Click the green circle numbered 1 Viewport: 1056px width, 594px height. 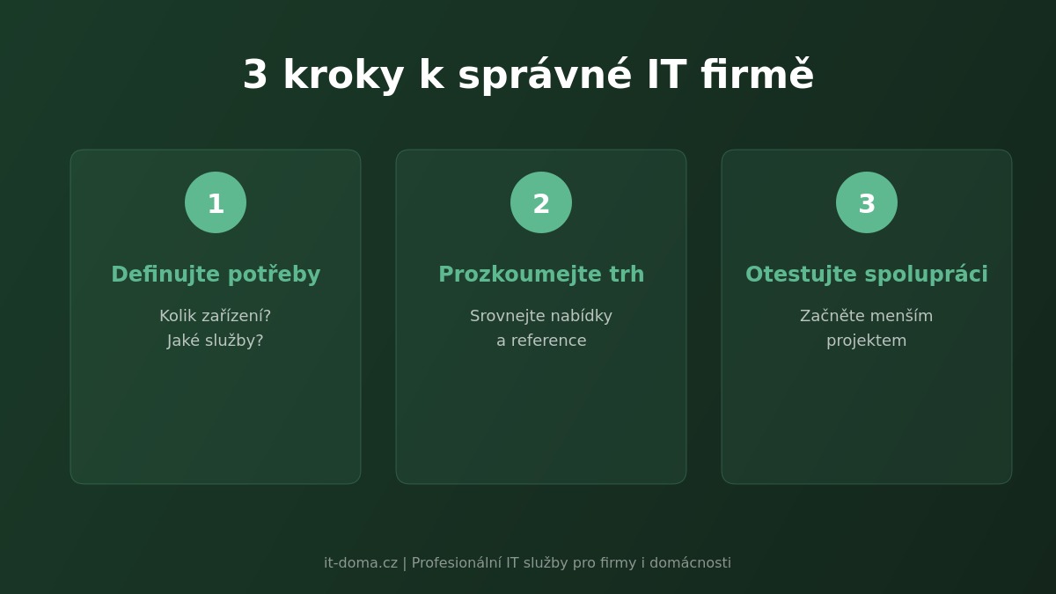[216, 202]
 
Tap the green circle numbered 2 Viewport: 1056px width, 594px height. [541, 202]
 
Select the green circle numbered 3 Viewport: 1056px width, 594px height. [867, 202]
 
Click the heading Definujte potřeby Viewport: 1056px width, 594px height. [216, 275]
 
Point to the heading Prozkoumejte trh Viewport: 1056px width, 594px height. [541, 275]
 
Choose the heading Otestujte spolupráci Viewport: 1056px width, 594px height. [867, 275]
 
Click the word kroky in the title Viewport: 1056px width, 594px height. [343, 77]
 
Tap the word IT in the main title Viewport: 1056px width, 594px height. [666, 77]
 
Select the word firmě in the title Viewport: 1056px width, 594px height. [757, 77]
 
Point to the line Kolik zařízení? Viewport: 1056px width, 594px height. [216, 316]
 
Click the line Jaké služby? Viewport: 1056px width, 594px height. [216, 341]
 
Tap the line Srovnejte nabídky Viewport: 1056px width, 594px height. [541, 316]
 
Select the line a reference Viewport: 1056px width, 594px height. [541, 341]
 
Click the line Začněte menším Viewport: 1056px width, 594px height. [867, 316]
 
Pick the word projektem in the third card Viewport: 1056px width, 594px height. [867, 341]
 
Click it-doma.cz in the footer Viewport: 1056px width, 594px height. [361, 563]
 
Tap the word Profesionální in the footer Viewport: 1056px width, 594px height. [457, 563]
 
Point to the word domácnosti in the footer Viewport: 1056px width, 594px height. [690, 563]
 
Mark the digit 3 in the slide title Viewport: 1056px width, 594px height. [255, 77]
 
